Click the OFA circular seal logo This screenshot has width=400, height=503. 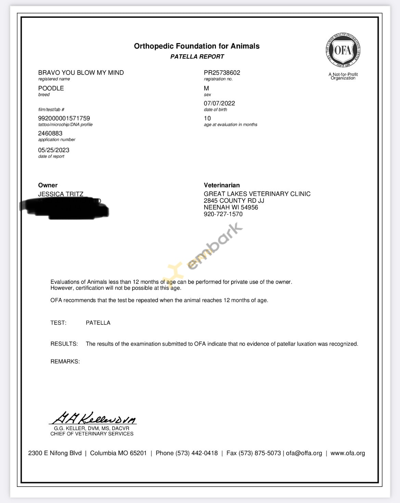(x=343, y=51)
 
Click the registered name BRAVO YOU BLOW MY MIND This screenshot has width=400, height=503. (x=81, y=72)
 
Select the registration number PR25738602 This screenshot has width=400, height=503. (x=222, y=72)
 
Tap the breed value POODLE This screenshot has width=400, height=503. (x=51, y=88)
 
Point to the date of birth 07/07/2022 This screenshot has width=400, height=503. (x=219, y=103)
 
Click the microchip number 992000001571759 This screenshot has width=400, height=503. (x=64, y=118)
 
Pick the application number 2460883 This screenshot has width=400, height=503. (x=50, y=133)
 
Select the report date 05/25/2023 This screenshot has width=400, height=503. (x=54, y=150)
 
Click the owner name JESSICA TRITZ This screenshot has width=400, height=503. (x=61, y=194)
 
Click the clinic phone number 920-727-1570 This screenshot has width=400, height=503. (x=223, y=214)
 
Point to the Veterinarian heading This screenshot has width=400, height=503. (x=222, y=185)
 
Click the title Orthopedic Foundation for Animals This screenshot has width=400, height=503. (x=197, y=46)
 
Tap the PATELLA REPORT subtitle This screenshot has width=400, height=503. (x=197, y=57)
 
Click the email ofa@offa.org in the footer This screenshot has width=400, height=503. (x=304, y=453)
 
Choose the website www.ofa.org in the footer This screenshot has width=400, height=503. (x=348, y=453)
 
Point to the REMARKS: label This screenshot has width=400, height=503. (x=65, y=361)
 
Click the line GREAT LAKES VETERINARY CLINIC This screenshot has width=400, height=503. (x=257, y=194)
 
